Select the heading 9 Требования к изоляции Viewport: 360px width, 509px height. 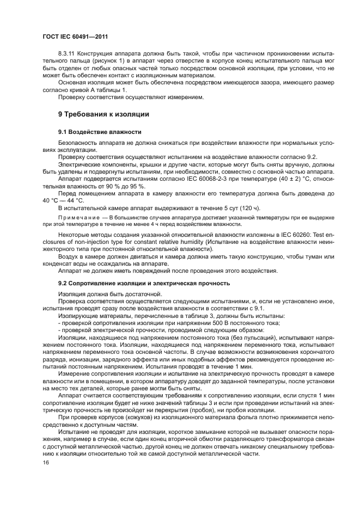(103, 114)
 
